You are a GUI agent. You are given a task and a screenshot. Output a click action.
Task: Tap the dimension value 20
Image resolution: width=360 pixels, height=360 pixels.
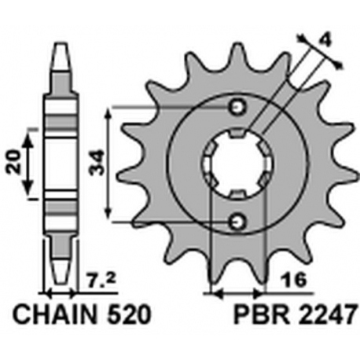point(13,162)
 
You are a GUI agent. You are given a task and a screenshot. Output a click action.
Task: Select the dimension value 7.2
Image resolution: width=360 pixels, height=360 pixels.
point(101,281)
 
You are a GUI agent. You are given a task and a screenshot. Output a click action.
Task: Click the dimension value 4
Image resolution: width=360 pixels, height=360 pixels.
point(325,40)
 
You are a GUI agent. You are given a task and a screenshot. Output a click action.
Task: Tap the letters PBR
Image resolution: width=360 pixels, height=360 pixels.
point(262,314)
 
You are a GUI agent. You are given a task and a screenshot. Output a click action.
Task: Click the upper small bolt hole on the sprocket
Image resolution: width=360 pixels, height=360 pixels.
point(238,107)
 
